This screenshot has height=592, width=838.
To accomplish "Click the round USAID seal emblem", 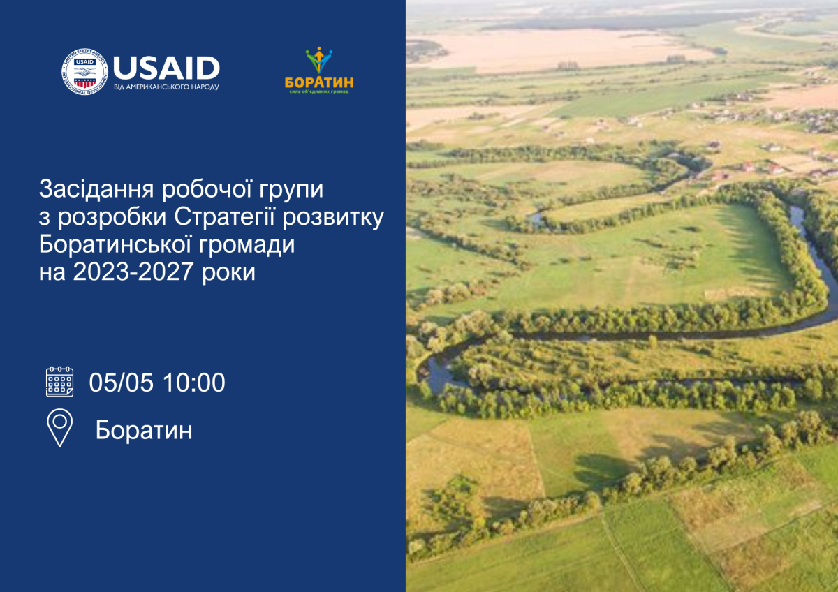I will (84, 73).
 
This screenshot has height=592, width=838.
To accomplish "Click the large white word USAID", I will (166, 68).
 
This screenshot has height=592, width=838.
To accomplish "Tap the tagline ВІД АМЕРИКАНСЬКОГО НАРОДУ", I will (166, 87).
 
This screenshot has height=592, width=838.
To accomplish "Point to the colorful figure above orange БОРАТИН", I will (319, 59).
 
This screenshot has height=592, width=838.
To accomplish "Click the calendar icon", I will (59, 381).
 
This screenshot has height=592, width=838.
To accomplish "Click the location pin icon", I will (59, 427).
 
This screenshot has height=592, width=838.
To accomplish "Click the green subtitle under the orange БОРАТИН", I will (319, 92).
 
